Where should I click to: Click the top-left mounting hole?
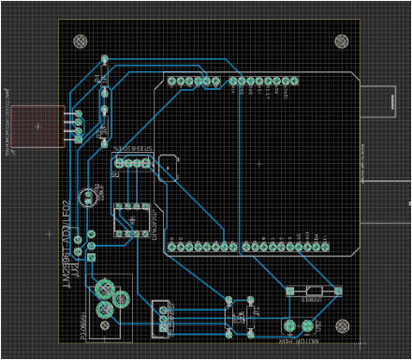click(81, 42)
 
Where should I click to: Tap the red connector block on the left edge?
click(37, 126)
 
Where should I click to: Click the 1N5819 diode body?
click(312, 292)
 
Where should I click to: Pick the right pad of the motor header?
click(306, 325)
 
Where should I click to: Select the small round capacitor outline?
click(88, 196)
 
